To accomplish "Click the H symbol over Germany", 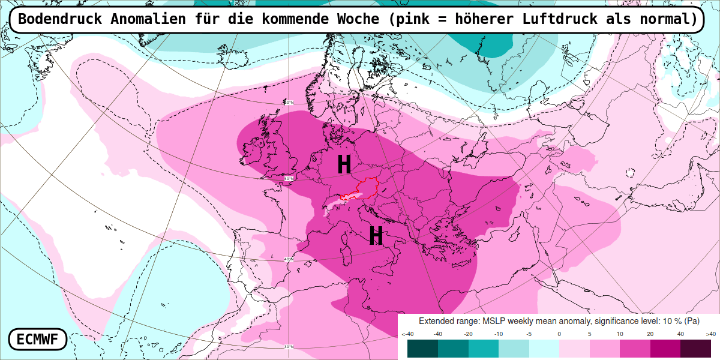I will [x=344, y=164].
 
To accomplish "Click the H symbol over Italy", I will [x=376, y=236].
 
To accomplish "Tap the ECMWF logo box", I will [x=37, y=340].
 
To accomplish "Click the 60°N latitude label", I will [x=289, y=103].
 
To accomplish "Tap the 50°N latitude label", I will [x=289, y=179].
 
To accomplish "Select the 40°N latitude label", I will [x=289, y=259].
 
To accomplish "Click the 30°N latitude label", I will [x=289, y=347].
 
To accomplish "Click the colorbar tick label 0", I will [x=559, y=334].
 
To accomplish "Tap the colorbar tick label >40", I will [x=710, y=334].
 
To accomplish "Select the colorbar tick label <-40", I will [x=407, y=334].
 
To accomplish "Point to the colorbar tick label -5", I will [x=529, y=334].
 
